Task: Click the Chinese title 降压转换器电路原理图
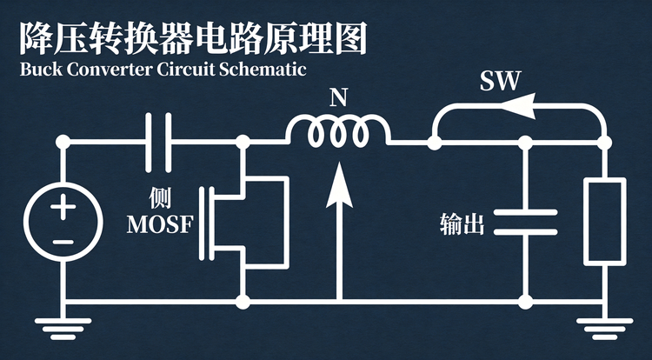point(194,39)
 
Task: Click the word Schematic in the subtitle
point(263,69)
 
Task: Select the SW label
point(500,81)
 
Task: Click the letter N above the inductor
point(338,98)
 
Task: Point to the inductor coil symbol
point(338,130)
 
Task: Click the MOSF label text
point(160,225)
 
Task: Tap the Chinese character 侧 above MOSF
point(161,198)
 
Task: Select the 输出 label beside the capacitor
point(462,224)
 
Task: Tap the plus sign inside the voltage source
point(63,207)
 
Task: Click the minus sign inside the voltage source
point(63,242)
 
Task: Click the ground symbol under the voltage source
point(63,330)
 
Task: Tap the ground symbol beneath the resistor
point(604,330)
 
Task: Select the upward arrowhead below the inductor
point(339,185)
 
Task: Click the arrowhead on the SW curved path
point(517,106)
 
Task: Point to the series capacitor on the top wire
point(158,143)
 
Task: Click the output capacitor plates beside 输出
point(526,223)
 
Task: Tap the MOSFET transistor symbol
point(243,223)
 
